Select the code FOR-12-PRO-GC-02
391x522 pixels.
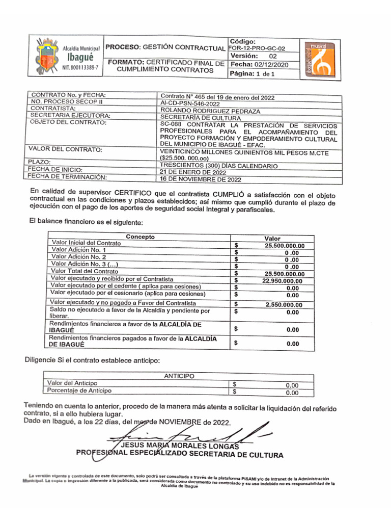(x=257, y=48)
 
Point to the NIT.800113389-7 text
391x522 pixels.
(x=80, y=67)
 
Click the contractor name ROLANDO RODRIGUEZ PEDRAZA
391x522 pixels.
(x=210, y=110)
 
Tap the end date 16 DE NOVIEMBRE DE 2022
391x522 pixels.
(x=201, y=179)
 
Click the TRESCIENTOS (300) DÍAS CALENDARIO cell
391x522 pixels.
(x=218, y=166)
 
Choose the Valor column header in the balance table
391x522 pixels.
(x=272, y=238)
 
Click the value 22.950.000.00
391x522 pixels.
(x=282, y=280)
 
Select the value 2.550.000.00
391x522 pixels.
(x=284, y=305)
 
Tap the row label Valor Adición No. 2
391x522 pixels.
(x=79, y=257)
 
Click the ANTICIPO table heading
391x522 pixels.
(x=179, y=376)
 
